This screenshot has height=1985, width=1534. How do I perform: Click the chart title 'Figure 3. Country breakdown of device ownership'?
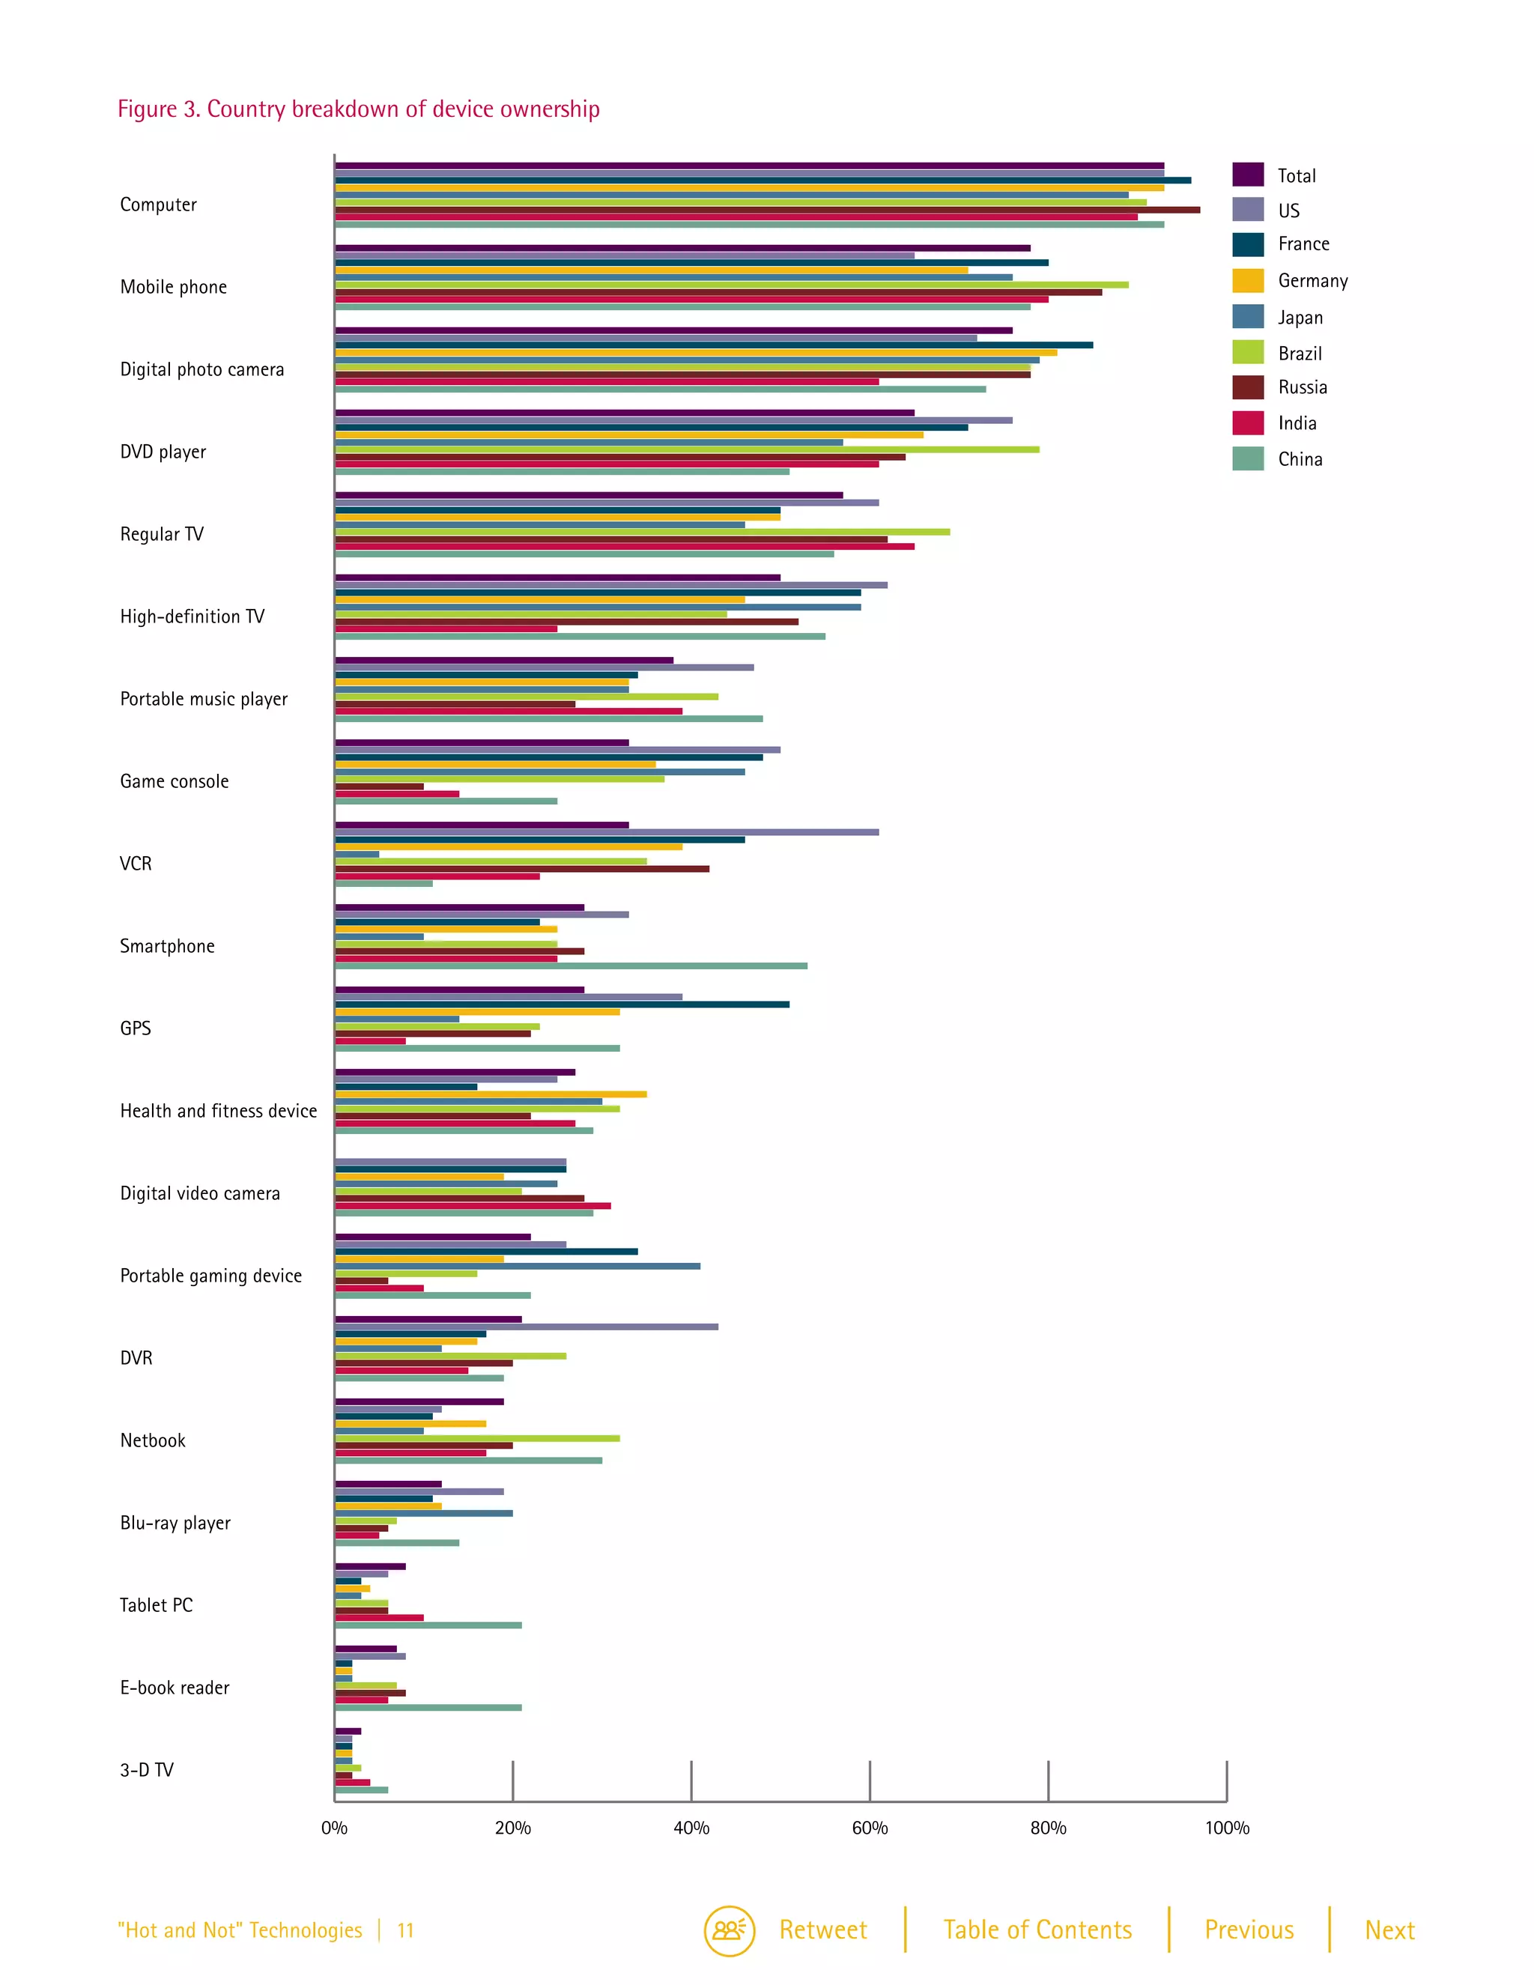pyautogui.click(x=358, y=109)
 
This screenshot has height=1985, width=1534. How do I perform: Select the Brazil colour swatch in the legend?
pyautogui.click(x=1248, y=353)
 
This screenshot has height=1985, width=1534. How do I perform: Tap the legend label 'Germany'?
pyautogui.click(x=1312, y=281)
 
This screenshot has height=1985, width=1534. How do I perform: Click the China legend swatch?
pyautogui.click(x=1248, y=459)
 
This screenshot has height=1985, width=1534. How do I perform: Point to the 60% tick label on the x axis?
pyautogui.click(x=869, y=1828)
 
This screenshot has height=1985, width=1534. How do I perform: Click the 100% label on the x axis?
pyautogui.click(x=1227, y=1828)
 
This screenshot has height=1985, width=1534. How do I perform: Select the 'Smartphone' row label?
pyautogui.click(x=167, y=946)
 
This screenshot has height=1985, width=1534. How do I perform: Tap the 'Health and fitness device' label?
pyautogui.click(x=218, y=1111)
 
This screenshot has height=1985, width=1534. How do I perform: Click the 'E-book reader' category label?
pyautogui.click(x=175, y=1688)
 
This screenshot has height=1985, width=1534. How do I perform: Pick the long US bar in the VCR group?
pyautogui.click(x=606, y=831)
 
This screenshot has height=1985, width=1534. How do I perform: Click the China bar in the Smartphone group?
pyautogui.click(x=571, y=966)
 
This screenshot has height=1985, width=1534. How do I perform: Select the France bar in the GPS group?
pyautogui.click(x=562, y=1004)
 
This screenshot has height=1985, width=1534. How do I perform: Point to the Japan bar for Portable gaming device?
pyautogui.click(x=517, y=1266)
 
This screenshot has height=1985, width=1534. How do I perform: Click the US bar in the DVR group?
pyautogui.click(x=526, y=1327)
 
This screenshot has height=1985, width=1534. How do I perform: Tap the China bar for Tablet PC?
pyautogui.click(x=428, y=1625)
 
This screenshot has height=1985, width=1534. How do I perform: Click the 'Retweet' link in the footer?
pyautogui.click(x=822, y=1930)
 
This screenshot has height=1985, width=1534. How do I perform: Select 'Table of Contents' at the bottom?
pyautogui.click(x=1037, y=1930)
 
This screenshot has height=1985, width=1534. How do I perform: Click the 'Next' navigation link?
pyautogui.click(x=1389, y=1930)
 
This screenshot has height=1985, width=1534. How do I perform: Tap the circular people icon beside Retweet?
pyautogui.click(x=729, y=1930)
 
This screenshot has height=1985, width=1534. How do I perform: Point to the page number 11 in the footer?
pyautogui.click(x=405, y=1930)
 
